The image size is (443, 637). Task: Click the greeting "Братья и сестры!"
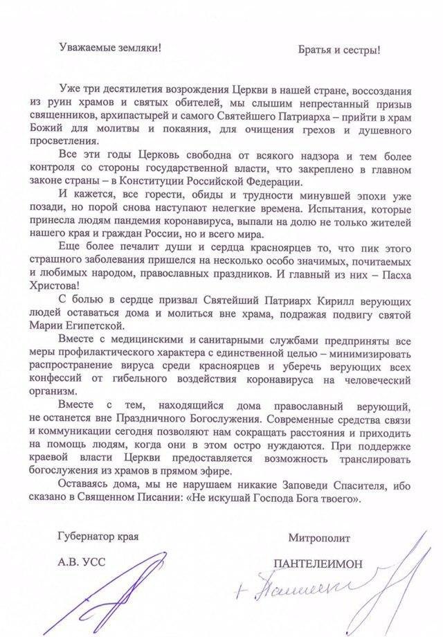point(339,50)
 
